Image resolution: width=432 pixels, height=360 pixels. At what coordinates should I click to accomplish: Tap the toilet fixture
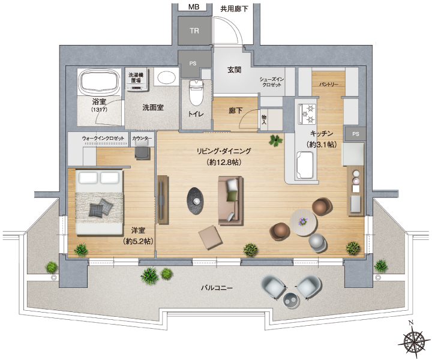[x=196, y=92]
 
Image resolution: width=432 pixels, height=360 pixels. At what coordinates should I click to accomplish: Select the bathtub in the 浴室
[x=99, y=82]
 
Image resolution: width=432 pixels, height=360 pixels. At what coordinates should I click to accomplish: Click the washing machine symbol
[x=136, y=80]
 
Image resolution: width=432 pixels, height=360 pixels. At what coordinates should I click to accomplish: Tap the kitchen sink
[x=304, y=165]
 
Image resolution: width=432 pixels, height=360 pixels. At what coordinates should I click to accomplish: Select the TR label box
[x=194, y=31]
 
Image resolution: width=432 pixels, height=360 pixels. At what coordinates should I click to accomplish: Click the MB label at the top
[x=194, y=7]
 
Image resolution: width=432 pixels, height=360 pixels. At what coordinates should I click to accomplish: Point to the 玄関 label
[x=234, y=70]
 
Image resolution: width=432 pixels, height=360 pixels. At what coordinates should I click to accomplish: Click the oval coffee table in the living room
[x=195, y=201]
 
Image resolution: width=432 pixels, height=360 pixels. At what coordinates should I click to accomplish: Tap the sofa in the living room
[x=231, y=201]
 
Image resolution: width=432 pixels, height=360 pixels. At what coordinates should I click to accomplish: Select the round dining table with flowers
[x=303, y=222]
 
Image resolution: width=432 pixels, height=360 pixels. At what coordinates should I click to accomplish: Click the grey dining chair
[x=317, y=242]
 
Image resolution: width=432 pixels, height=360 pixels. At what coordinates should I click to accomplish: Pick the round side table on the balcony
[x=292, y=300]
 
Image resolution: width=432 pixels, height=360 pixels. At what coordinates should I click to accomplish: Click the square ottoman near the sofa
[x=211, y=237]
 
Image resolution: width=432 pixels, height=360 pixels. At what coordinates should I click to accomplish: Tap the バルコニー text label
[x=217, y=288]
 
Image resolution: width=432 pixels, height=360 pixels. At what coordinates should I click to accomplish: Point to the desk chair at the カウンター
[x=143, y=152]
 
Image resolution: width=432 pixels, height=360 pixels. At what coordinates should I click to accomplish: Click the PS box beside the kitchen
[x=355, y=134]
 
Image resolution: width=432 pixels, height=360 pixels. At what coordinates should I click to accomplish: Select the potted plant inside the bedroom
[x=81, y=250]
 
